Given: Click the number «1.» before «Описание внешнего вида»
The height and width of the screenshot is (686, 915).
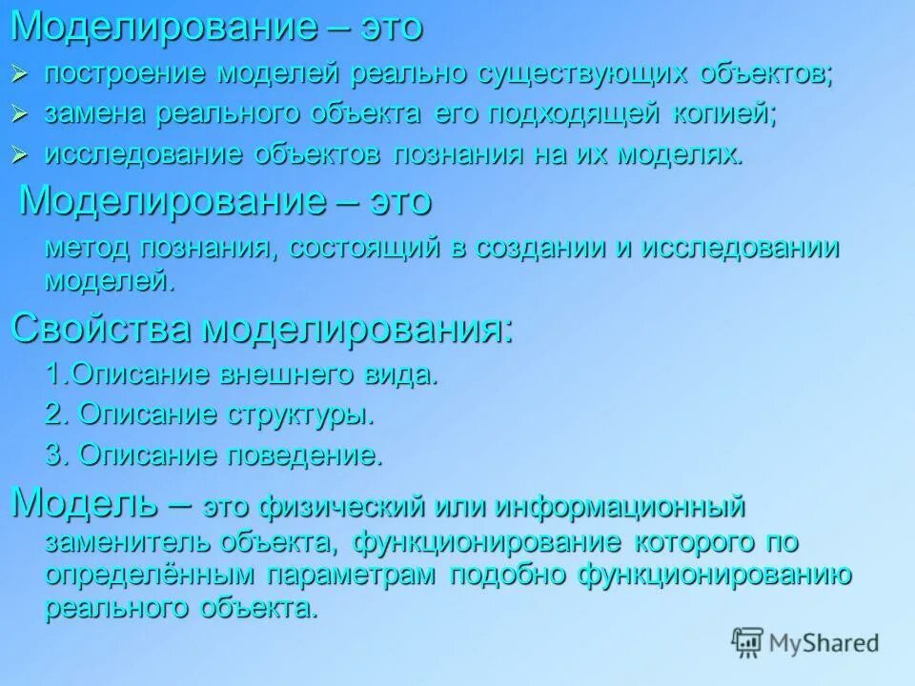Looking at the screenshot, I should [57, 374].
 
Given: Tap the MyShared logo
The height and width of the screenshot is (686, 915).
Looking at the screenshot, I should [805, 642].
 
